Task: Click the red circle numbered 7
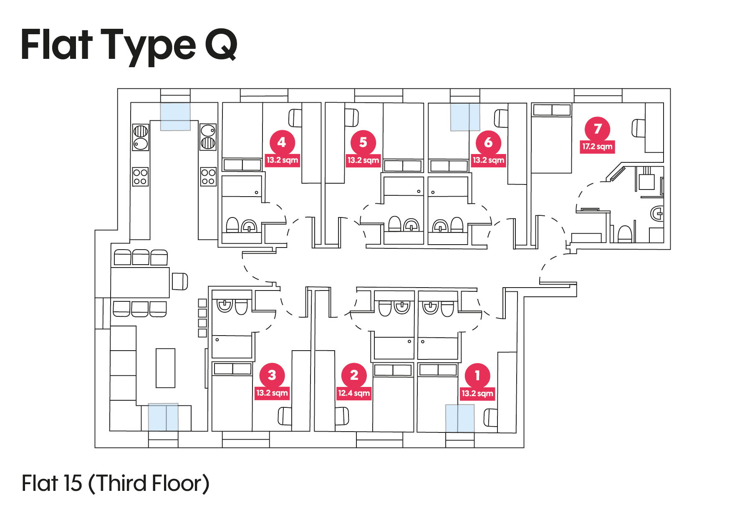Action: [597, 129]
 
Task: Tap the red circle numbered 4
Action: [282, 142]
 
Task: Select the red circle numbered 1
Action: [477, 375]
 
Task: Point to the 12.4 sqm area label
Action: [354, 393]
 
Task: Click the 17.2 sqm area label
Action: [597, 147]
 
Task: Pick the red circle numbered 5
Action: [363, 142]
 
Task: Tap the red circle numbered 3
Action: [272, 375]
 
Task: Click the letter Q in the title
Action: [221, 44]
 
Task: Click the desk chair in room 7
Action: [638, 128]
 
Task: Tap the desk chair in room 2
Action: [342, 416]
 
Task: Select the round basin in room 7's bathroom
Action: [657, 214]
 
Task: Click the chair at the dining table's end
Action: [180, 281]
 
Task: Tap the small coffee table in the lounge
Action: [165, 368]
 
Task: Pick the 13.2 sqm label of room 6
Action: [488, 160]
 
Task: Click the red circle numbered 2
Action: [354, 375]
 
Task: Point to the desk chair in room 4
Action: [295, 118]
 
